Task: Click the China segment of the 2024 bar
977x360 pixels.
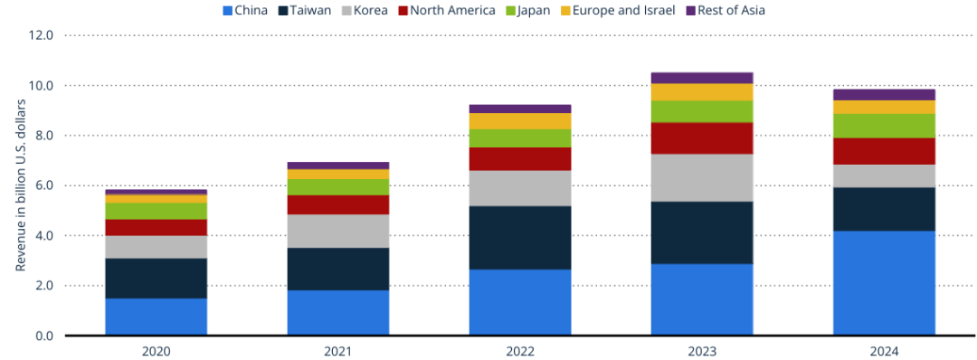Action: pyautogui.click(x=884, y=283)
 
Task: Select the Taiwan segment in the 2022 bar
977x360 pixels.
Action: pyautogui.click(x=520, y=238)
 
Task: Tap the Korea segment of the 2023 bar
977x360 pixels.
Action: pyautogui.click(x=702, y=178)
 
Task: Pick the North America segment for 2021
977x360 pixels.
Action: pyautogui.click(x=338, y=205)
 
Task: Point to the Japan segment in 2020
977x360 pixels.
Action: pyautogui.click(x=157, y=211)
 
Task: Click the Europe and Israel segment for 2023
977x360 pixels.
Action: pyautogui.click(x=702, y=92)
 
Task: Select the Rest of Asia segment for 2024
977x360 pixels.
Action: pyautogui.click(x=884, y=95)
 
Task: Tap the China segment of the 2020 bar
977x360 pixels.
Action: pyautogui.click(x=157, y=317)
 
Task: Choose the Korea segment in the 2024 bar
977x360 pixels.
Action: pyautogui.click(x=884, y=176)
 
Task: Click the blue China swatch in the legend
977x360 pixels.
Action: pyautogui.click(x=227, y=11)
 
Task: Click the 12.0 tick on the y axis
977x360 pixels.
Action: pyautogui.click(x=42, y=35)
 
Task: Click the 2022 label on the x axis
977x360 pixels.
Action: pyautogui.click(x=520, y=351)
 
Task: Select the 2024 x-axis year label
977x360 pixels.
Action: pyautogui.click(x=884, y=351)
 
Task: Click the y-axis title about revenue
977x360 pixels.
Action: pyautogui.click(x=21, y=185)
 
